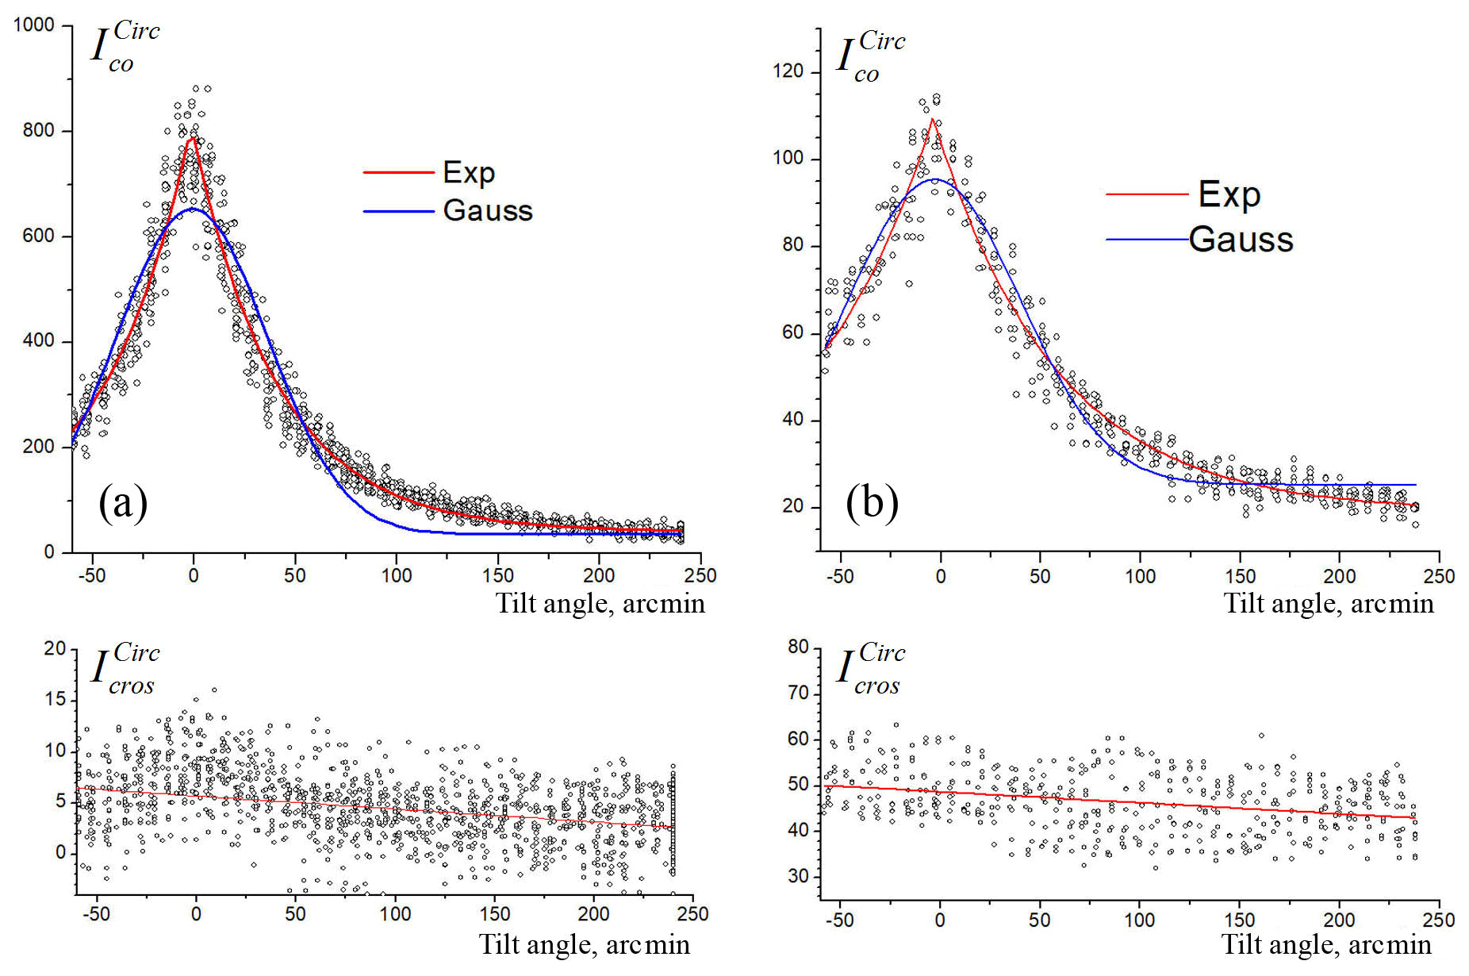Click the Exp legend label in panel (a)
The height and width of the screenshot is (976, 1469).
click(x=469, y=172)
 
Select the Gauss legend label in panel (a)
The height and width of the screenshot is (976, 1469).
click(x=487, y=210)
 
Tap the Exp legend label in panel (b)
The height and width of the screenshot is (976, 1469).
click(x=1229, y=194)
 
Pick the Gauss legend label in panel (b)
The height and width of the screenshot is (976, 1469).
click(x=1241, y=239)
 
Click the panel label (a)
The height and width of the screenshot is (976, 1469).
click(x=123, y=502)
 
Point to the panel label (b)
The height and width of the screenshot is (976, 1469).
click(x=872, y=502)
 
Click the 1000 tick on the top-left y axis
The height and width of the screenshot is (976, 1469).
click(x=34, y=25)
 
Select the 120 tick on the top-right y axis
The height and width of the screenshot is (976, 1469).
click(x=788, y=71)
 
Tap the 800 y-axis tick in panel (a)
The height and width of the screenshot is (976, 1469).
click(x=39, y=130)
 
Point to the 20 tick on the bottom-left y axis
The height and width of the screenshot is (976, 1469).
click(x=55, y=648)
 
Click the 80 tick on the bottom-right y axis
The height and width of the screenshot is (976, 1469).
click(x=798, y=647)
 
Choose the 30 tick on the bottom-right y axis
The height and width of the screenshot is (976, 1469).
click(x=798, y=876)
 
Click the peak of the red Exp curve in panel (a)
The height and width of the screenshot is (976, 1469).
click(x=193, y=138)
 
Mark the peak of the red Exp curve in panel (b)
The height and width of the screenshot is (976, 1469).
click(x=934, y=119)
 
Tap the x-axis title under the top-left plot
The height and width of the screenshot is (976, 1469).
click(x=600, y=604)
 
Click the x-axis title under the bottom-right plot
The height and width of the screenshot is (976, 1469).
click(x=1326, y=944)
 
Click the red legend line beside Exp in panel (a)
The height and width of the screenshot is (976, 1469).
click(x=398, y=172)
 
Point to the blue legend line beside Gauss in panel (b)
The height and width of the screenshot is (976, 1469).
click(x=1146, y=239)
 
